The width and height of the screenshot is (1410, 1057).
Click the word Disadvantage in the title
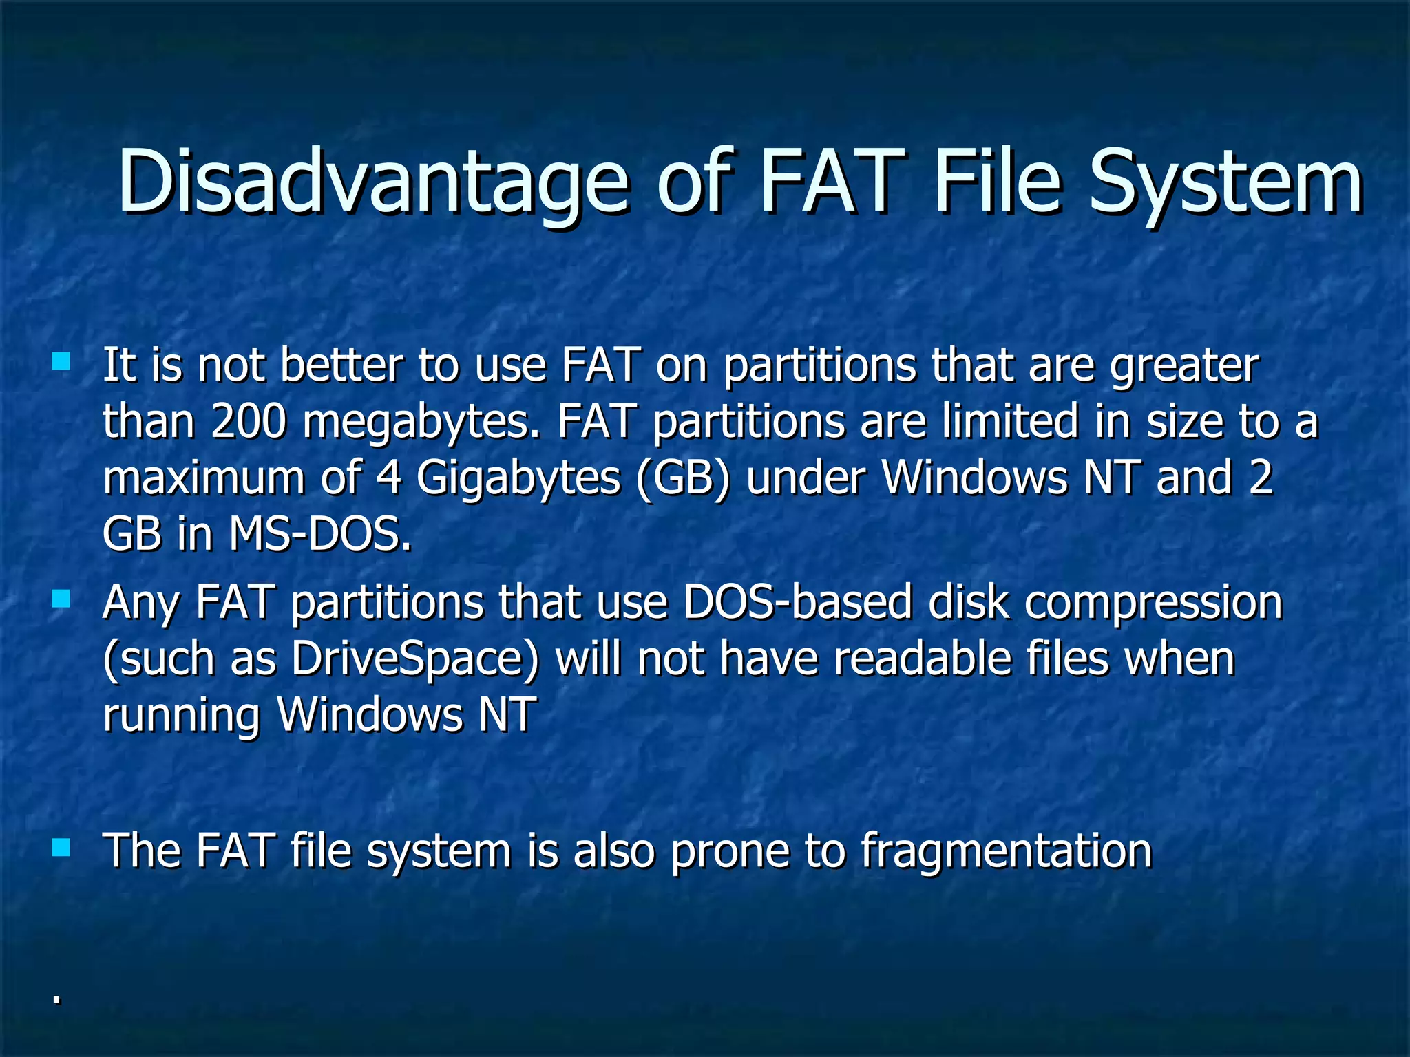pos(372,183)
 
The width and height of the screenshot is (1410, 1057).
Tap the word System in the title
pos(1225,183)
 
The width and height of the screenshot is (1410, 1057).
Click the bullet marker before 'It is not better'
pos(61,361)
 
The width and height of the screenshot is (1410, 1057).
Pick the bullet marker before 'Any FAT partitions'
pos(61,599)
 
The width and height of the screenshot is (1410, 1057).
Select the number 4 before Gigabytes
pos(389,477)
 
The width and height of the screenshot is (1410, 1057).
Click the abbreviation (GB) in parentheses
pos(682,478)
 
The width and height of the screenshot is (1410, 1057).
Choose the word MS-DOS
pos(320,533)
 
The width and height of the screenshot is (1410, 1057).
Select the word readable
pos(923,659)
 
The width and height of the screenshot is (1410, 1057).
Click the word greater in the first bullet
pos(1184,365)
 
